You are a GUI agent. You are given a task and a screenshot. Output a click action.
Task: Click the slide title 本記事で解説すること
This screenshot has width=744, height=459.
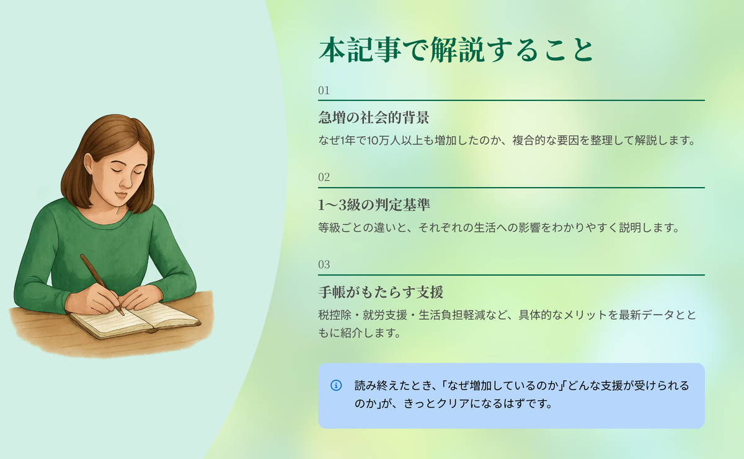click(x=456, y=50)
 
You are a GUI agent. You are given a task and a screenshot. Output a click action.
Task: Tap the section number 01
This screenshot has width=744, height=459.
click(x=324, y=90)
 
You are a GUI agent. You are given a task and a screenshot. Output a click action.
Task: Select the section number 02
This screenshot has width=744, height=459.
click(x=324, y=177)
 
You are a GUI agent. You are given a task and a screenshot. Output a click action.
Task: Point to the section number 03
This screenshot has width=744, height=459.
click(x=324, y=264)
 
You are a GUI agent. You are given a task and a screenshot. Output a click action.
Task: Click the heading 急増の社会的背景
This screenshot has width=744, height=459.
click(x=374, y=118)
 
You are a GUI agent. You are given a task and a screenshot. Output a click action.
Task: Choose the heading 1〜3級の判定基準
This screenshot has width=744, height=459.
click(x=374, y=205)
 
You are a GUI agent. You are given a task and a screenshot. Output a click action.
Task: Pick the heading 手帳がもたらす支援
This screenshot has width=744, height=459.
click(x=381, y=292)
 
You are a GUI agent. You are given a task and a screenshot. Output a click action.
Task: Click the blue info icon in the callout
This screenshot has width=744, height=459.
click(x=336, y=385)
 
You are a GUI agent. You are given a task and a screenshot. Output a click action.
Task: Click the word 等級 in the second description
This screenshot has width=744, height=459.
click(x=329, y=228)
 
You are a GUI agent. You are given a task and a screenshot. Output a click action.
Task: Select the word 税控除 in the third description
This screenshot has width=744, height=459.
click(x=335, y=315)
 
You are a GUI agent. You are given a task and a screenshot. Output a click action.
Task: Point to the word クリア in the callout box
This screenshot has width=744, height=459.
click(x=453, y=404)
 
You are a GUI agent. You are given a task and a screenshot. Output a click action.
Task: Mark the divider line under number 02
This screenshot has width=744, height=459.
click(x=511, y=188)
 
